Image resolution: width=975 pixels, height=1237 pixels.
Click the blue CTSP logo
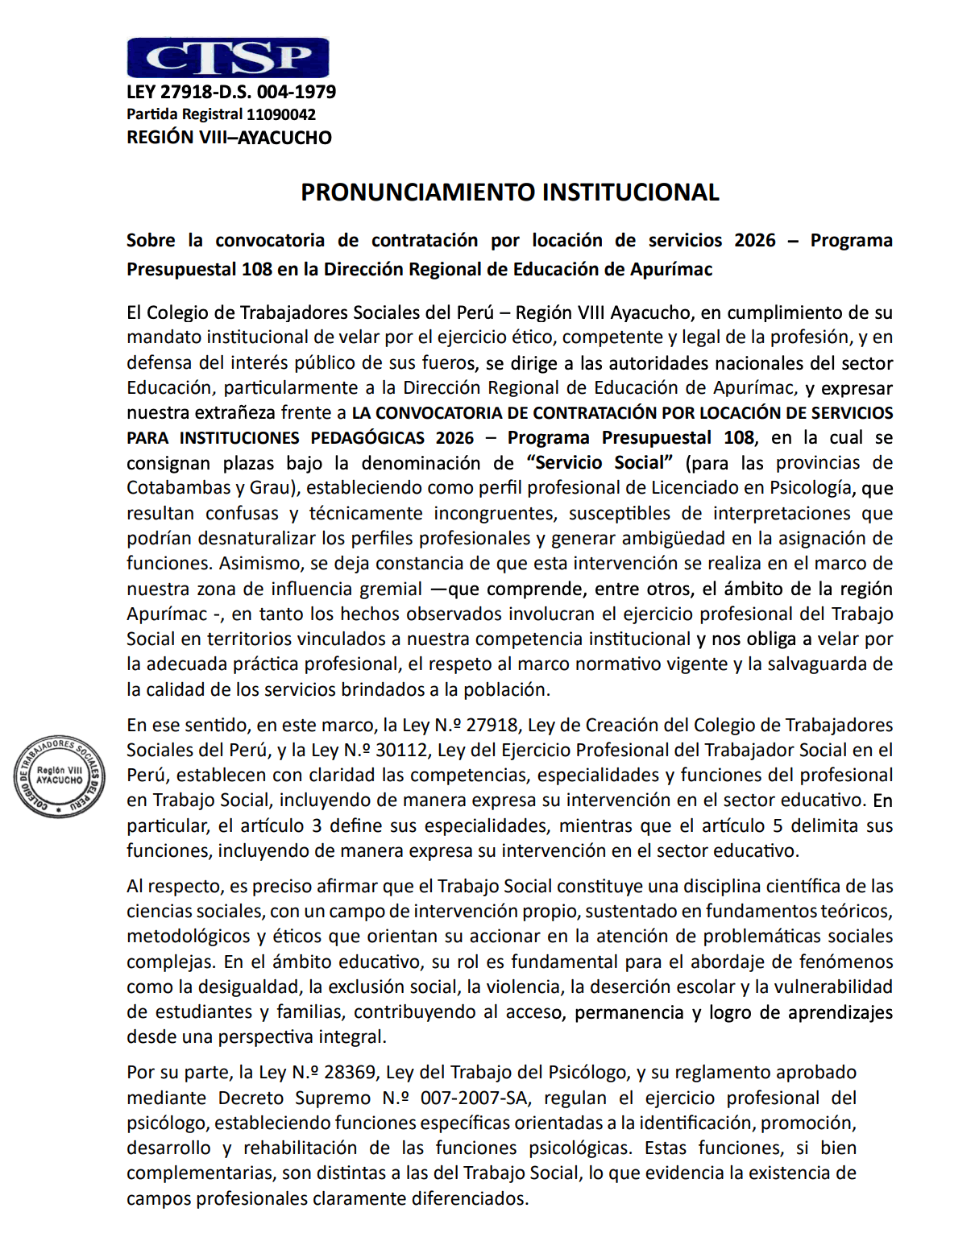pyautogui.click(x=228, y=58)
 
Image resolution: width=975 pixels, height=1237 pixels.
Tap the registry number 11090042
pyautogui.click(x=281, y=114)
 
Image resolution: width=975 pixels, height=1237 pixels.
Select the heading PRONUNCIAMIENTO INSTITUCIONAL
pyautogui.click(x=509, y=192)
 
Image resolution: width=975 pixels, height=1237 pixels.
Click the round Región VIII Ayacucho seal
pyautogui.click(x=59, y=776)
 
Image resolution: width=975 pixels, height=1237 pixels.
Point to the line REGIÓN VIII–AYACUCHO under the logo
pyautogui.click(x=229, y=138)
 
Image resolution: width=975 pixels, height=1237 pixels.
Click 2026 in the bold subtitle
pyautogui.click(x=754, y=241)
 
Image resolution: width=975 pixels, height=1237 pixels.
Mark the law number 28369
pyautogui.click(x=350, y=1073)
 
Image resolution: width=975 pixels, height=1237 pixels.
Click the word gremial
pyautogui.click(x=390, y=590)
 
